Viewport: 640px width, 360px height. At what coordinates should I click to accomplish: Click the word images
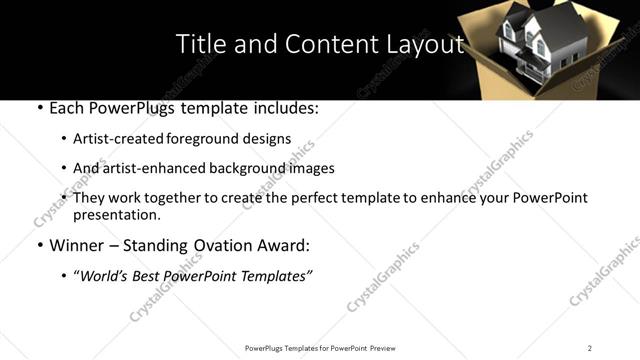coord(311,169)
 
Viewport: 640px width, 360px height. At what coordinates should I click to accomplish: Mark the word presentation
coord(116,215)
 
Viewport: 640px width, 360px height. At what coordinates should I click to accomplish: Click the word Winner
coord(74,245)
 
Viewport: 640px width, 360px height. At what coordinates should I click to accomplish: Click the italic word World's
coord(104,276)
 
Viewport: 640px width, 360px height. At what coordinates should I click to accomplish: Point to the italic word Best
coord(150,276)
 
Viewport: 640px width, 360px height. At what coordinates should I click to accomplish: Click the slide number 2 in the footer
coord(589,348)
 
